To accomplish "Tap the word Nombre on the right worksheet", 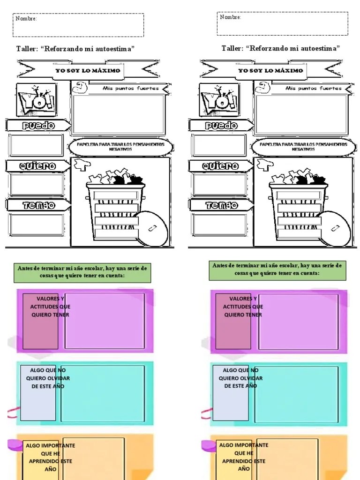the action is (x=230, y=17).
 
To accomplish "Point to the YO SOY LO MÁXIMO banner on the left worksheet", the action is (x=88, y=71).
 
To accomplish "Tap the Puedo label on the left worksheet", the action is (x=37, y=126).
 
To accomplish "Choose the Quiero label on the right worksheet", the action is (x=220, y=166).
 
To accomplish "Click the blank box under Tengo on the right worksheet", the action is (x=220, y=224).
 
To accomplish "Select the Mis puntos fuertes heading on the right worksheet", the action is (x=307, y=88).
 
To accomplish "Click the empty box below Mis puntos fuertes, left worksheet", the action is (x=118, y=114).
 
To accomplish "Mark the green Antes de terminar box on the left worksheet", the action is (x=82, y=272).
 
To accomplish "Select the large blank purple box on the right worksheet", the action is (x=299, y=321).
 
